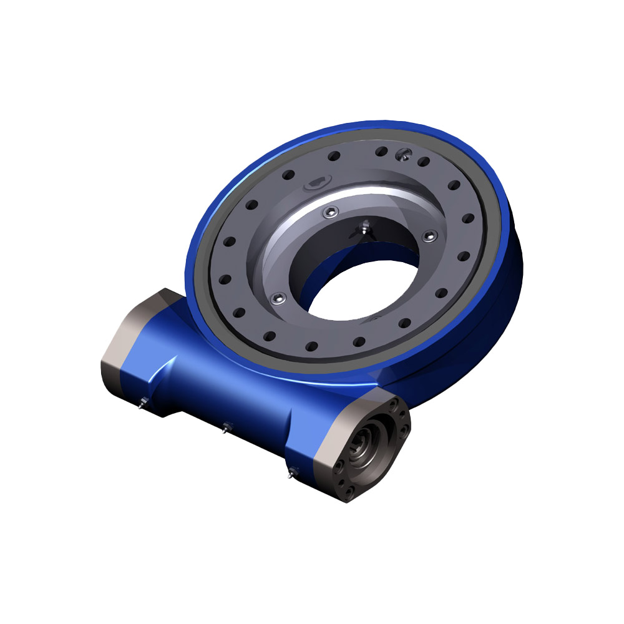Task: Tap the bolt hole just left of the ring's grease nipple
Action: [x=382, y=150]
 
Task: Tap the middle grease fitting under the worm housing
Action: [x=226, y=427]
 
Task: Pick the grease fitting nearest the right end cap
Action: [x=291, y=472]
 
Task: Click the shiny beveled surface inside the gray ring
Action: [x=349, y=200]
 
